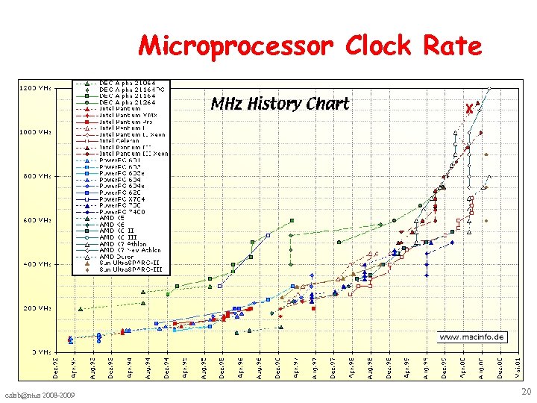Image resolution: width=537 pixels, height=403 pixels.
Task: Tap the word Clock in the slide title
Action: (x=377, y=46)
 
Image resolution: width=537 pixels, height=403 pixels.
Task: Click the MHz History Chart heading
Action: (x=280, y=104)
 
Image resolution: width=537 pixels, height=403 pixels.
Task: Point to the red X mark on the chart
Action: (x=469, y=108)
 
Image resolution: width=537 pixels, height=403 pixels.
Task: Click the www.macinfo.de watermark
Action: (x=472, y=337)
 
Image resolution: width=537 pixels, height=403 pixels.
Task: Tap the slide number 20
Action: (x=526, y=393)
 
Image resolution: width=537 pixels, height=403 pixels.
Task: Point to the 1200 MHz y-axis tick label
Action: (x=35, y=89)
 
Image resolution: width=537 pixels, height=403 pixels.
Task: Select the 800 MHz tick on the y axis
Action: (x=35, y=177)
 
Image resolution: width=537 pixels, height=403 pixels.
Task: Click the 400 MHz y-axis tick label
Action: (x=35, y=264)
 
